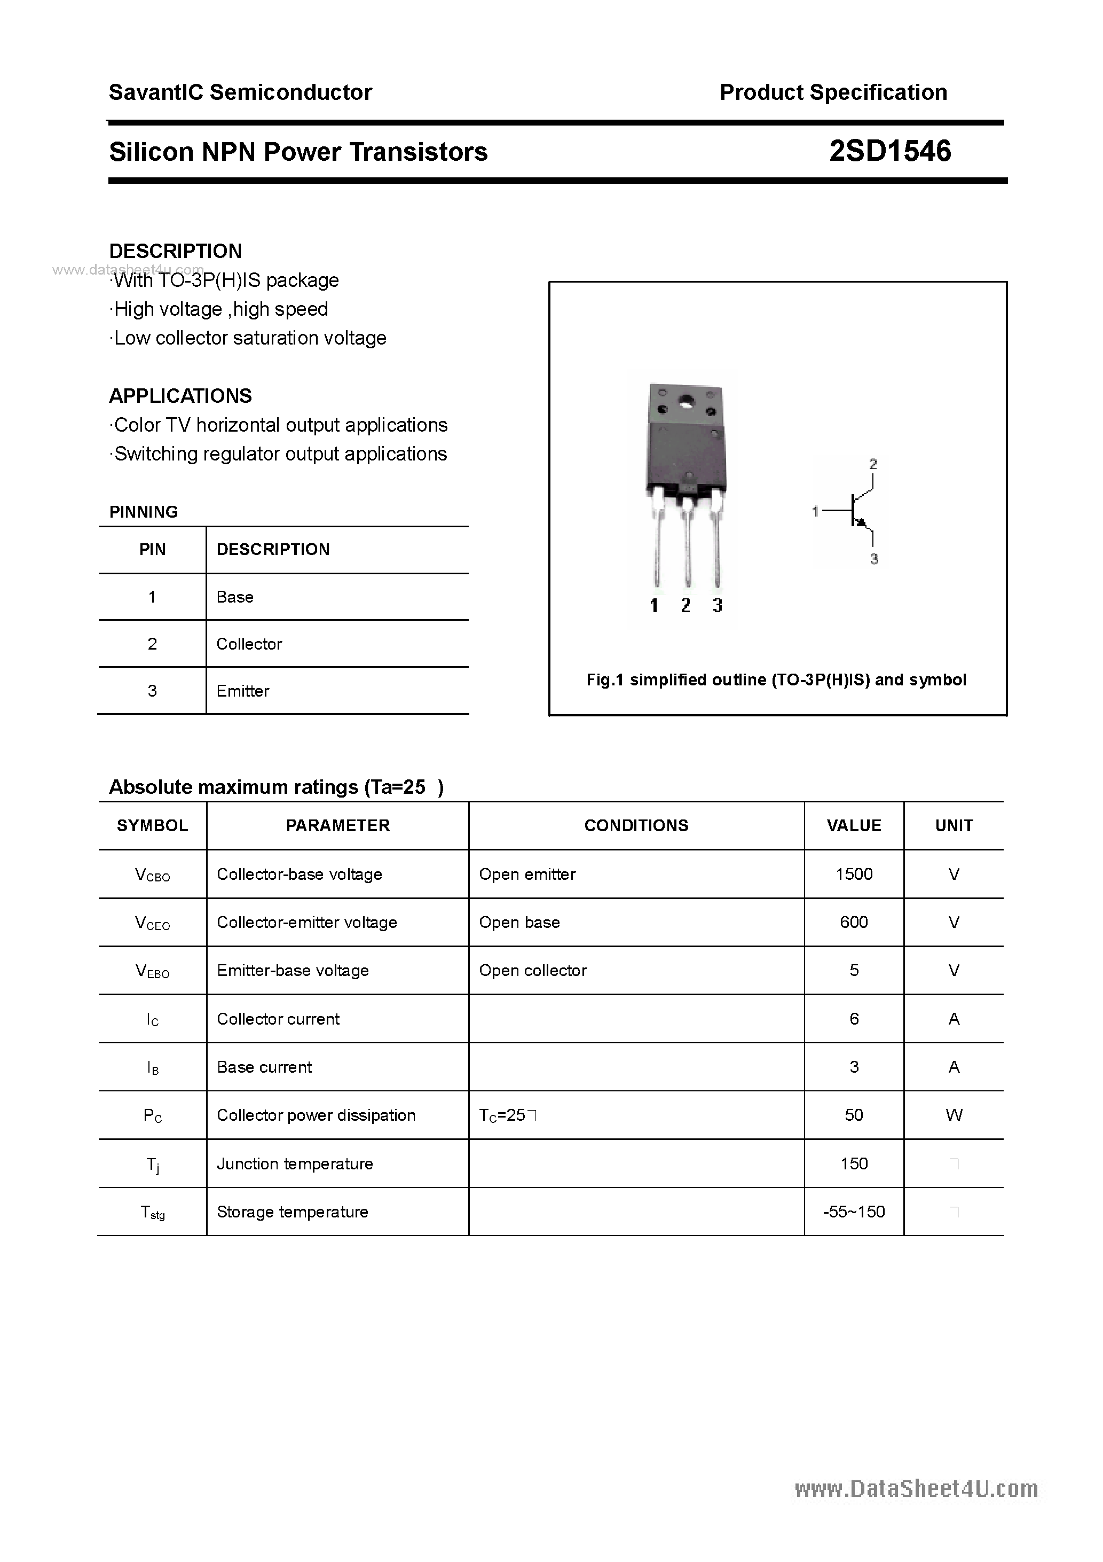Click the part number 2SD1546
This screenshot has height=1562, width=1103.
pyautogui.click(x=889, y=151)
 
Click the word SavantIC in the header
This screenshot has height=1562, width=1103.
pyautogui.click(x=156, y=92)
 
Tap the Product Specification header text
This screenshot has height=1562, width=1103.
pyautogui.click(x=833, y=92)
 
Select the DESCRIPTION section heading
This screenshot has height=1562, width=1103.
pyautogui.click(x=176, y=251)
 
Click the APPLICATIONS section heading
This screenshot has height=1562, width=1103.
pyautogui.click(x=180, y=395)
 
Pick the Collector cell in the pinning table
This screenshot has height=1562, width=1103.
pyautogui.click(x=249, y=644)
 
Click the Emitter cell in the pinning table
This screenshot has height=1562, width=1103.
pyautogui.click(x=243, y=691)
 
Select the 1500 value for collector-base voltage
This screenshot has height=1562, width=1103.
pyautogui.click(x=854, y=873)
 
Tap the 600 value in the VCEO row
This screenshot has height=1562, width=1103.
pyautogui.click(x=854, y=922)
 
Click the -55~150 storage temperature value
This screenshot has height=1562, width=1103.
pyautogui.click(x=854, y=1211)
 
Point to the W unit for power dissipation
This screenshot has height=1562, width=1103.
pyautogui.click(x=954, y=1114)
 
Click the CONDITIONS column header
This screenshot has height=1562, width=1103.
pyautogui.click(x=636, y=825)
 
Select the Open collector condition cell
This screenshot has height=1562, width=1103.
pyautogui.click(x=532, y=970)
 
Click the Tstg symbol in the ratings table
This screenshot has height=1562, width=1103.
pyautogui.click(x=152, y=1212)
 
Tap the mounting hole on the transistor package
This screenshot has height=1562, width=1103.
pyautogui.click(x=686, y=401)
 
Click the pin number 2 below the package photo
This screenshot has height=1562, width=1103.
pyautogui.click(x=686, y=605)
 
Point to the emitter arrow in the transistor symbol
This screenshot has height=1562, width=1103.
pyautogui.click(x=862, y=522)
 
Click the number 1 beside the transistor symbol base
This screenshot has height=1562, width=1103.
pyautogui.click(x=815, y=510)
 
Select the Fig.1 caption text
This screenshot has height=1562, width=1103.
pyautogui.click(x=776, y=680)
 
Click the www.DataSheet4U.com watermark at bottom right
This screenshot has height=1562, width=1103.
pyautogui.click(x=916, y=1488)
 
